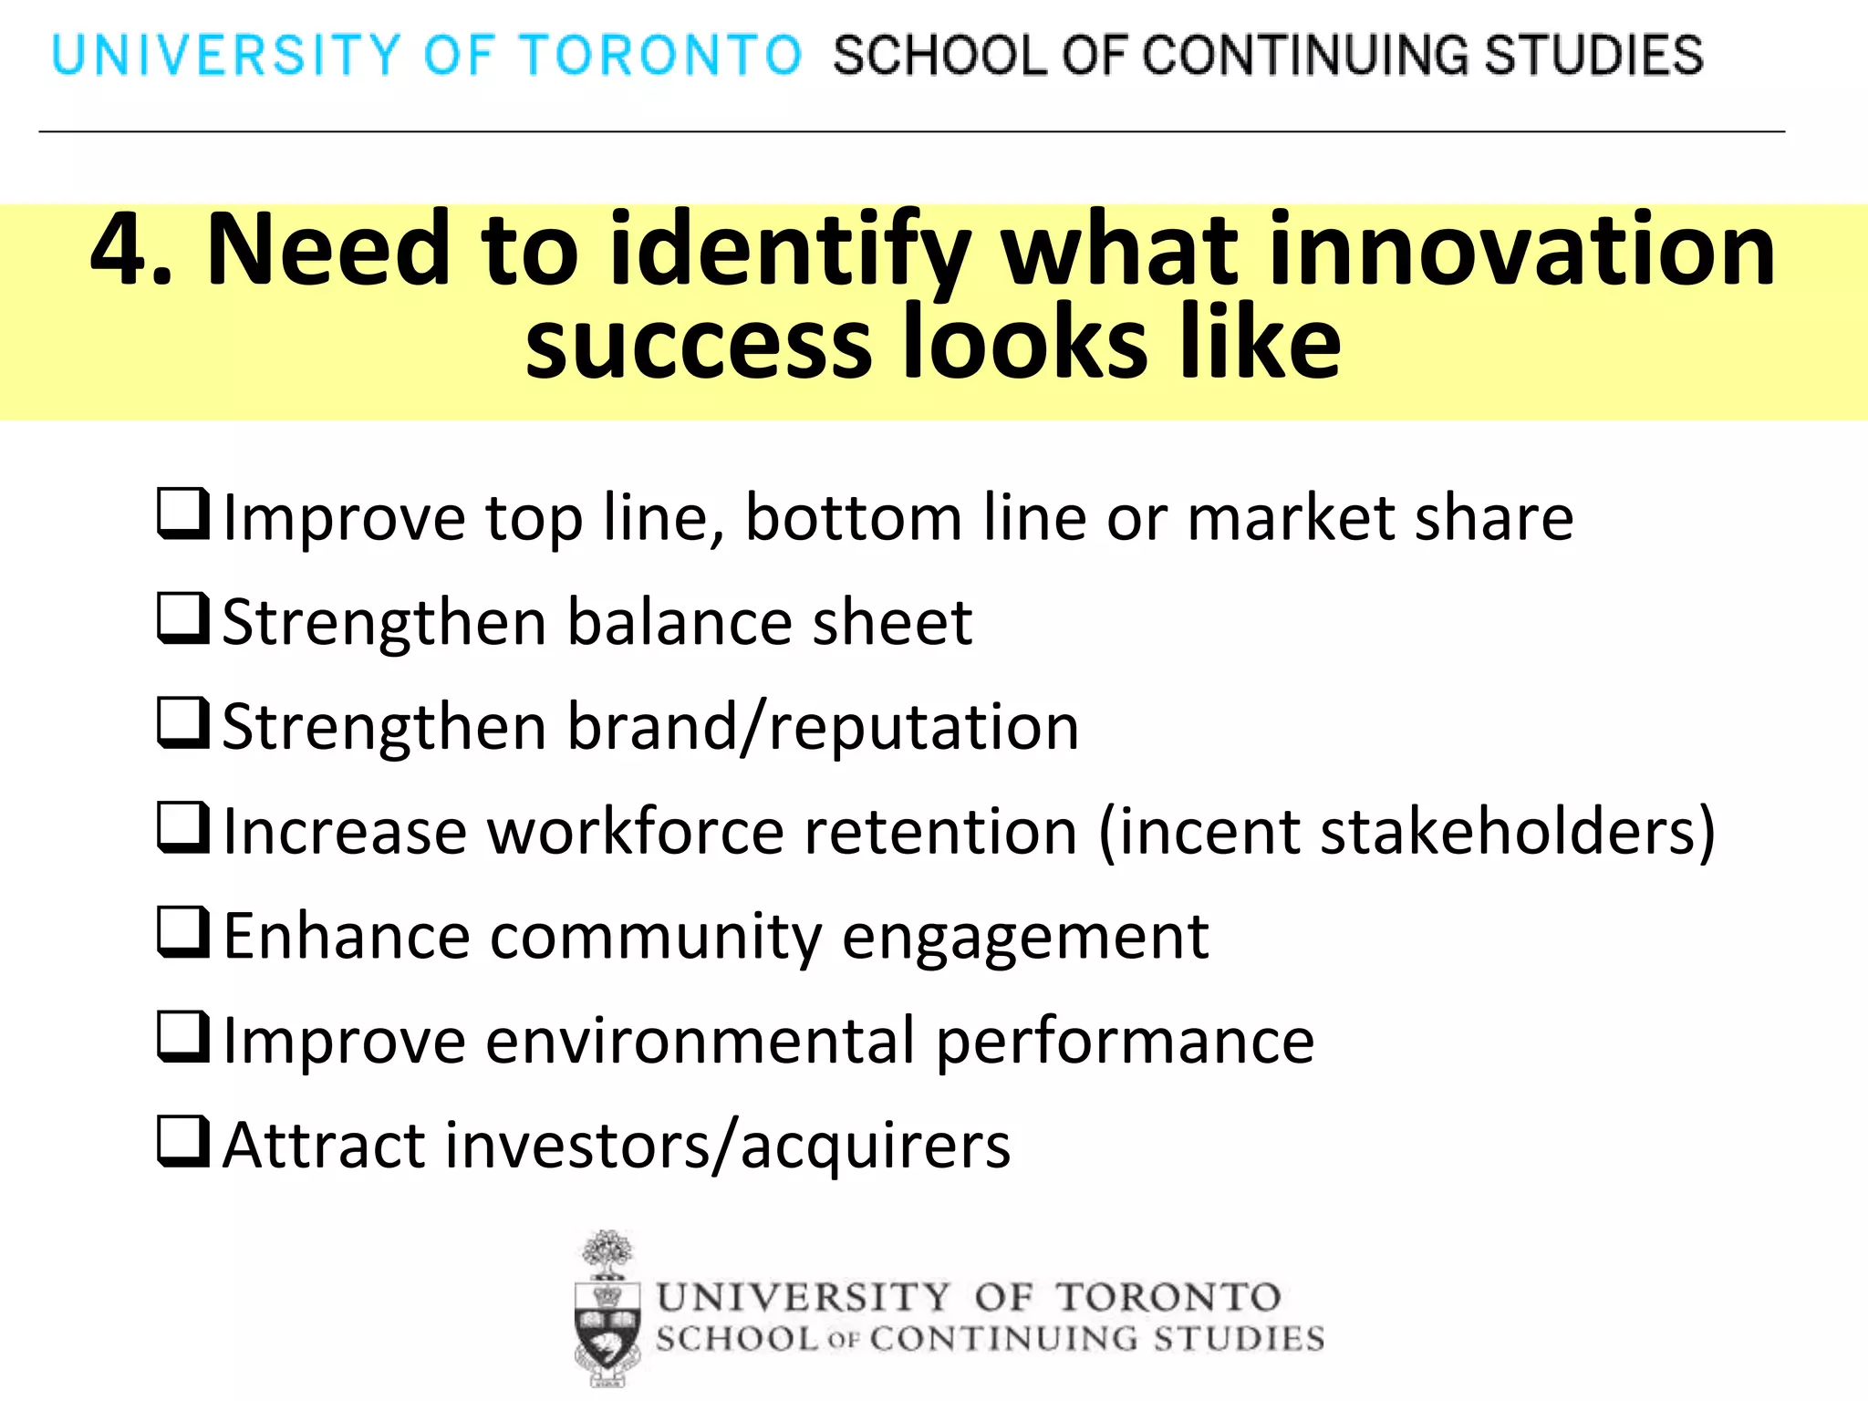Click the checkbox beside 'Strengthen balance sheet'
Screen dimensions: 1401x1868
point(183,618)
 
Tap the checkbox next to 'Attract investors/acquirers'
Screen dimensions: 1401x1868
point(183,1142)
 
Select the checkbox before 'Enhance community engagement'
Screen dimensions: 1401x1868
point(183,932)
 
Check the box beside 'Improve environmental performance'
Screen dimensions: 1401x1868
point(183,1037)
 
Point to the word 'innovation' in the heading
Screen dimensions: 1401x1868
point(1520,249)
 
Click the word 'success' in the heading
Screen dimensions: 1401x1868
point(699,344)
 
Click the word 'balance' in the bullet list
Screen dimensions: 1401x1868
point(680,623)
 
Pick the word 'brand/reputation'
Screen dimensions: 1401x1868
point(823,728)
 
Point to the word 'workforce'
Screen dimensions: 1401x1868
point(636,832)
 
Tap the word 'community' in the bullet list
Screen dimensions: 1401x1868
point(656,938)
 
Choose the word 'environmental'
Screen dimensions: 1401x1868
point(700,1041)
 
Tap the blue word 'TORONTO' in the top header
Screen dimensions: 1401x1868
point(660,55)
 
